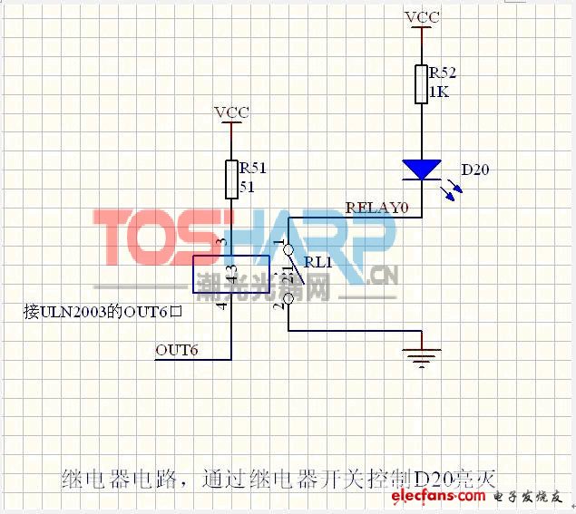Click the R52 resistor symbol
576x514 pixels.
(422, 84)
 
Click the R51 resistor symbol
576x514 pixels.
(232, 179)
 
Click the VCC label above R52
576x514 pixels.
(423, 17)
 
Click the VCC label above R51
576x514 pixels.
(232, 112)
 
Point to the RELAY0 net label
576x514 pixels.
(377, 208)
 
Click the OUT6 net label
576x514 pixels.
(177, 349)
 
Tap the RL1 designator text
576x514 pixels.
(317, 262)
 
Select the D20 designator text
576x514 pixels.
(475, 170)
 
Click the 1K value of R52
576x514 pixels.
(440, 92)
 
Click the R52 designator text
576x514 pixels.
(444, 72)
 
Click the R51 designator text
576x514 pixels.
(252, 167)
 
